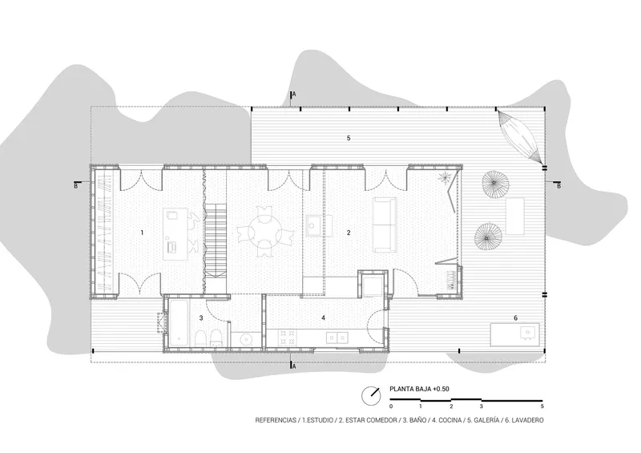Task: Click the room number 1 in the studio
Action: point(142,233)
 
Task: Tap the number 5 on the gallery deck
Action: point(349,139)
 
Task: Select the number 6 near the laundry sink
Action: point(516,318)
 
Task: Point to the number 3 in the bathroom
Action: point(201,318)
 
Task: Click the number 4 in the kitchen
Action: point(324,318)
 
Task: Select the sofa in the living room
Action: point(385,224)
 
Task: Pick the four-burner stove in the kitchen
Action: point(287,338)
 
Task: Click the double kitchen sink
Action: point(337,338)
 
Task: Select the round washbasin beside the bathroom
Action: point(246,339)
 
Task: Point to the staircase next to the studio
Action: point(215,241)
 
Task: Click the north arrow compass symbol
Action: point(372,396)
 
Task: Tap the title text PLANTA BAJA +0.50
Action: point(419,389)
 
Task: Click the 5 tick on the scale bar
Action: point(542,406)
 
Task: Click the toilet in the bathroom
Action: point(201,338)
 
